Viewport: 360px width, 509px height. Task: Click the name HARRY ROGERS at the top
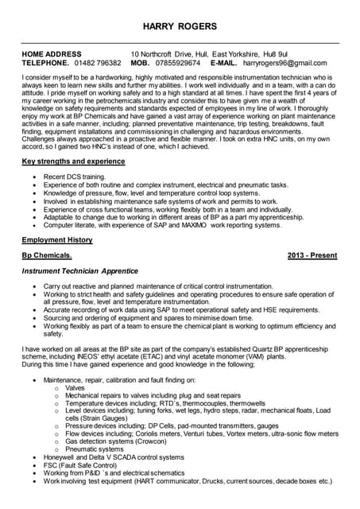coord(180,27)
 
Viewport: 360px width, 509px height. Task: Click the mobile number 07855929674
coord(176,62)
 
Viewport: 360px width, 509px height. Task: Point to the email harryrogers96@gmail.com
coord(285,62)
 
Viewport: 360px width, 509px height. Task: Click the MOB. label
coord(140,62)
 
